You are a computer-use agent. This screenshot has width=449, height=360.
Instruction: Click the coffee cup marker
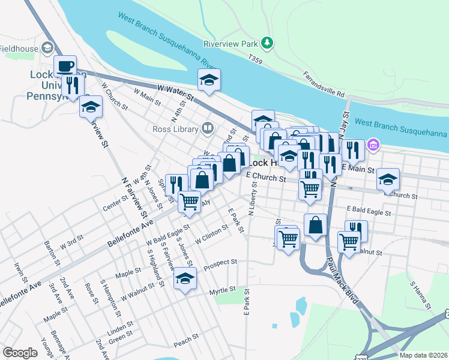coord(65,65)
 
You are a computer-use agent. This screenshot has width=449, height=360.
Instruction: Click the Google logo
coord(20,352)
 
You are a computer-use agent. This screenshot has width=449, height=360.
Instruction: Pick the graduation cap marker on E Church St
coord(388,178)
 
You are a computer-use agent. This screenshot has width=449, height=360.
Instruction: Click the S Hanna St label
coord(418,291)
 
